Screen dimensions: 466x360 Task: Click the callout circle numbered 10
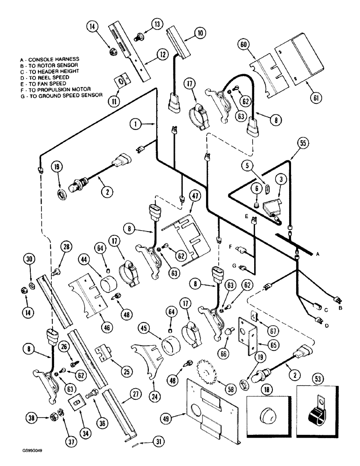pos(200,33)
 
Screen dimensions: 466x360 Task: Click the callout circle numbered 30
pos(29,260)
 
